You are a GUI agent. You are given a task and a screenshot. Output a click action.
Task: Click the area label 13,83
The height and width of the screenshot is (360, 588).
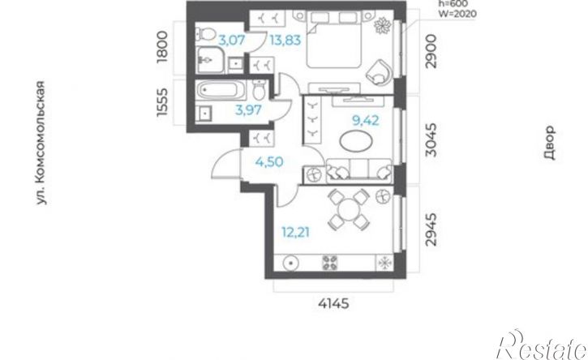coord(285,40)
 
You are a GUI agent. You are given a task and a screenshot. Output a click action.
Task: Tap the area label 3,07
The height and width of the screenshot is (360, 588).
coord(232,40)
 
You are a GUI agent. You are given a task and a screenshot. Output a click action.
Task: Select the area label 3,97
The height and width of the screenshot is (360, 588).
coord(248,110)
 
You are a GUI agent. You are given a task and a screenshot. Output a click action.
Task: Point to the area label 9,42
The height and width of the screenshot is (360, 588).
coord(365,120)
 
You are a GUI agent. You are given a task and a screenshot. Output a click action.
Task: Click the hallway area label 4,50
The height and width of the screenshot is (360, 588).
coord(269,162)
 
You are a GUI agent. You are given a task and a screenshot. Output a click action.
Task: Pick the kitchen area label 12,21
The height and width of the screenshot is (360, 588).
coord(296,233)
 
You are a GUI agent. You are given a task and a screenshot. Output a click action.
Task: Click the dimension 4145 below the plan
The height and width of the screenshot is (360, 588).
coord(333,303)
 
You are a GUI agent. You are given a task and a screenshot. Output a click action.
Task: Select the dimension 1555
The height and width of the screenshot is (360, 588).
coord(162,102)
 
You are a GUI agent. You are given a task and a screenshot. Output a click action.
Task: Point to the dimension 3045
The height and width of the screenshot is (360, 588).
coord(432,140)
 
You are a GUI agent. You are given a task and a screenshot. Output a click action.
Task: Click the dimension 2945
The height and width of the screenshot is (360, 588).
coord(432,229)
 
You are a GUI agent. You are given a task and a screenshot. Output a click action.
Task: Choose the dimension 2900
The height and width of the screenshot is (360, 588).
coord(432,51)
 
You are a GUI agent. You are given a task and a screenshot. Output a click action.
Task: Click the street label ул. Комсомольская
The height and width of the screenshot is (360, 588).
coord(41,143)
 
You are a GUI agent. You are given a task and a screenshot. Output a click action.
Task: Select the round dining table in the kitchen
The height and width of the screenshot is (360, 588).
coord(349,210)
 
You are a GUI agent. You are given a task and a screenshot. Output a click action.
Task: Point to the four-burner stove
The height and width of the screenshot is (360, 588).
coord(329,263)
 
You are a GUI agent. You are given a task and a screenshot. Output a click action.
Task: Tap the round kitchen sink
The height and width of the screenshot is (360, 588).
coord(290,263)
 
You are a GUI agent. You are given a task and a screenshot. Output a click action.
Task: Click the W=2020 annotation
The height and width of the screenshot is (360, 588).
coord(458,14)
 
